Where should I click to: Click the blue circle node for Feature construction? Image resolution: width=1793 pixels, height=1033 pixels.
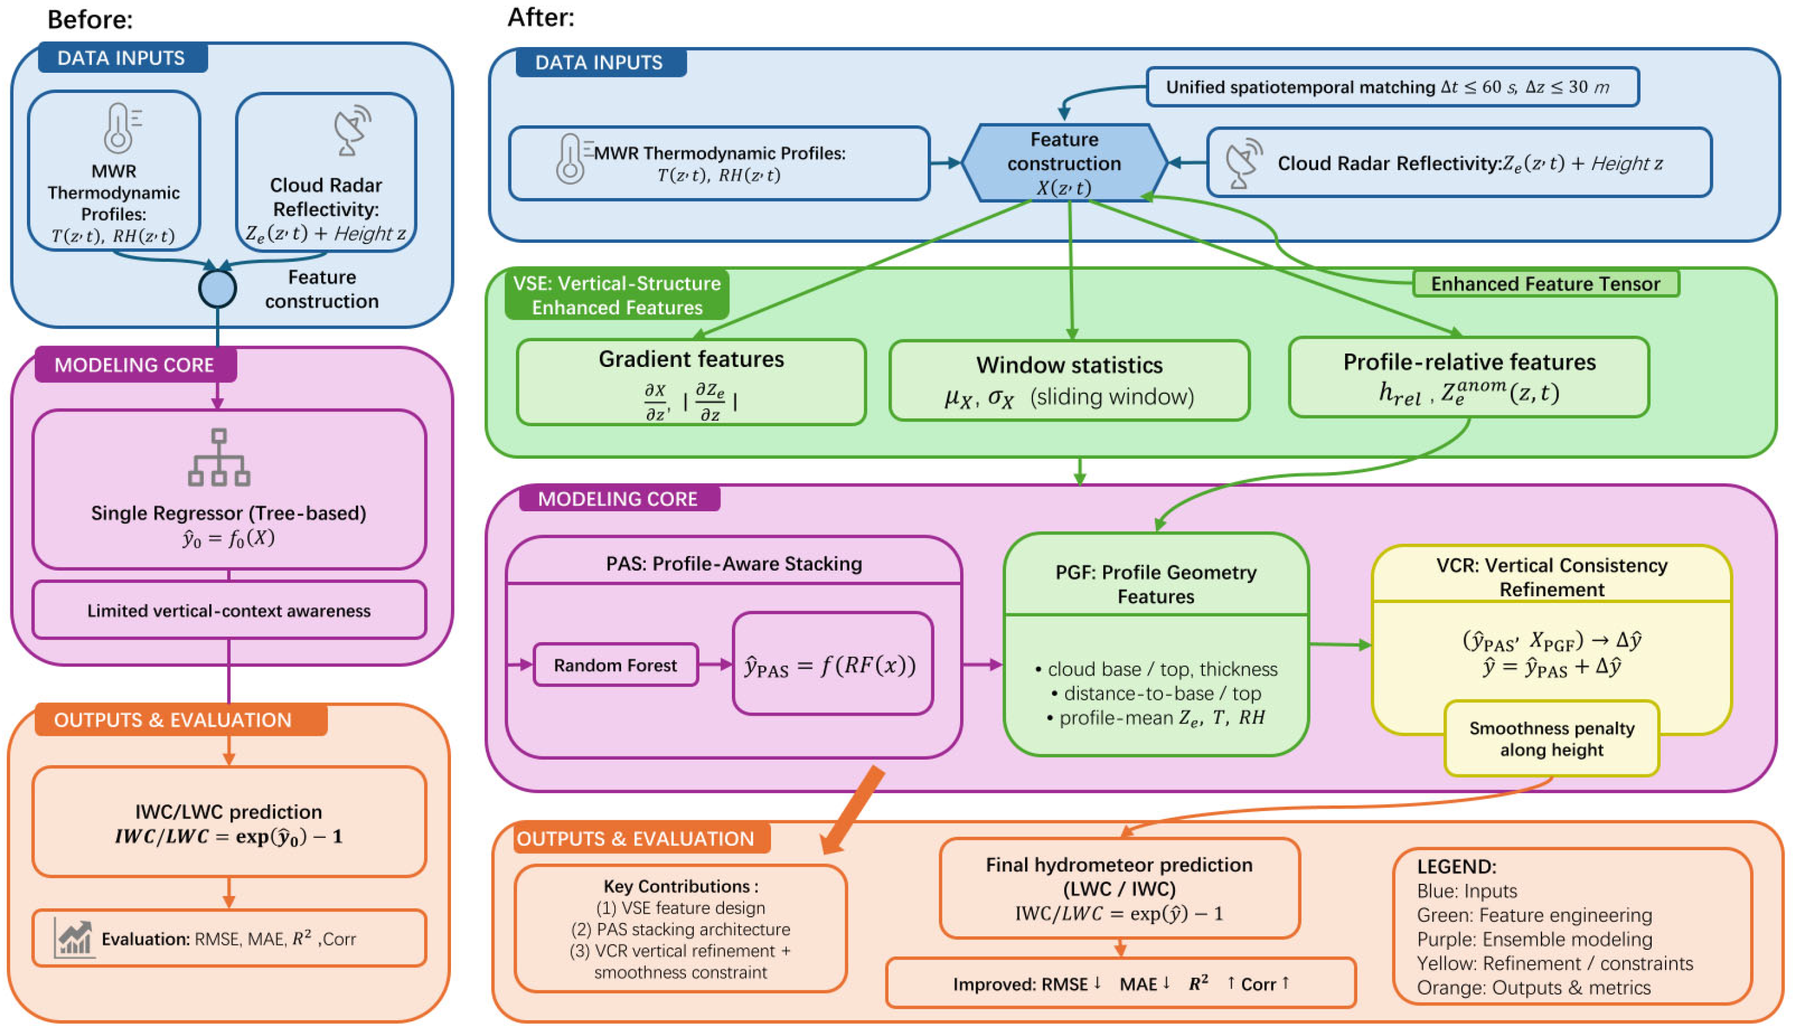click(217, 289)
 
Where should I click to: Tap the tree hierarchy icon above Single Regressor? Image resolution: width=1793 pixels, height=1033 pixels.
click(218, 457)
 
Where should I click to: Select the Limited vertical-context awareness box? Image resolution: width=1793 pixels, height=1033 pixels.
click(228, 610)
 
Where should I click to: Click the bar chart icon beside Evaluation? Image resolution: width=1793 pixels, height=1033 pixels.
click(74, 938)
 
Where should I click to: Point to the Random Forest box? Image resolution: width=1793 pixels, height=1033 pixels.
click(616, 665)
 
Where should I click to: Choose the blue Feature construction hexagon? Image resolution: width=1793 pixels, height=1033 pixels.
click(1064, 163)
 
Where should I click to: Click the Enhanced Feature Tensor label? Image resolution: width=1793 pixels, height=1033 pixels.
click(1545, 284)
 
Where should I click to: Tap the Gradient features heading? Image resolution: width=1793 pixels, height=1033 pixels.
click(691, 359)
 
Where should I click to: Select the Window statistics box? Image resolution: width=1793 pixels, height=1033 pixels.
click(1069, 381)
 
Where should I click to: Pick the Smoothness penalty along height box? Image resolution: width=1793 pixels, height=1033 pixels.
click(1552, 739)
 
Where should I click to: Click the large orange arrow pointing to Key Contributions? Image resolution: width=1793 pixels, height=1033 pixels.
click(852, 810)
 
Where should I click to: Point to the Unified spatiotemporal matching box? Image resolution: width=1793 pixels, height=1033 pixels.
click(1392, 87)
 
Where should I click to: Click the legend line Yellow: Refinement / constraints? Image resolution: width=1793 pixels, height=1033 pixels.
click(1554, 963)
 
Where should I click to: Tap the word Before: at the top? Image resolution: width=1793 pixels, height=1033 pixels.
click(90, 19)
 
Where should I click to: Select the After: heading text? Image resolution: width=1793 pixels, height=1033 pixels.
click(541, 17)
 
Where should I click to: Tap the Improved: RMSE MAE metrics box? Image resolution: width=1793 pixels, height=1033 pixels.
click(1121, 983)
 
